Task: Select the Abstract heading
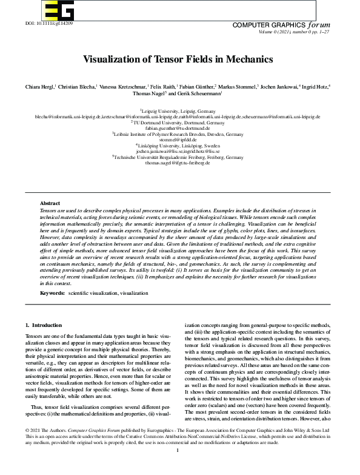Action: (50, 203)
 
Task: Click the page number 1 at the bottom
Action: (177, 468)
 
